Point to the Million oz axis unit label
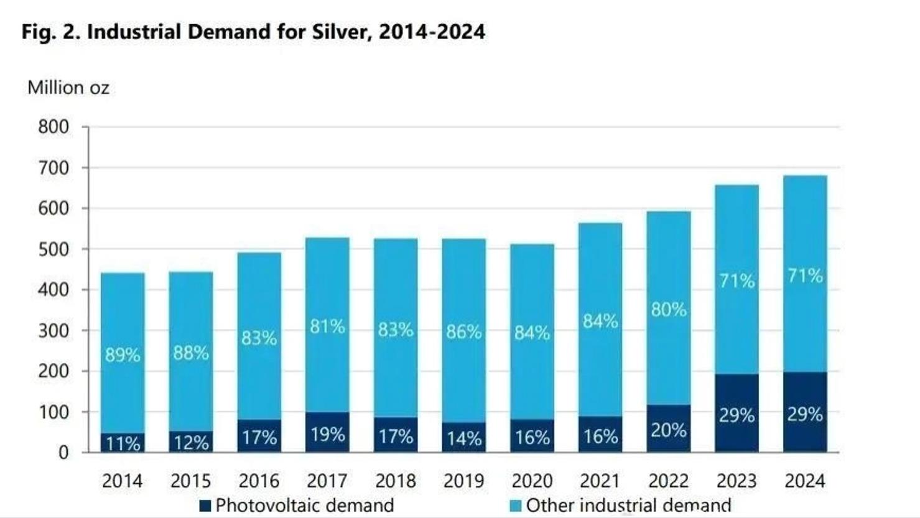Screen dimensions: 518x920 68,88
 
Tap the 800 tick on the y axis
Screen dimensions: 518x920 53,127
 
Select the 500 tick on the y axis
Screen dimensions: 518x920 53,249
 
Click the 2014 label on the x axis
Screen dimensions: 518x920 123,481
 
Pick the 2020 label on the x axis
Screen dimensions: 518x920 532,481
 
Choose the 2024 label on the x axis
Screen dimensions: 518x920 805,481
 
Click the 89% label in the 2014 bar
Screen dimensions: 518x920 123,355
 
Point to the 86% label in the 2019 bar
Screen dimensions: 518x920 464,332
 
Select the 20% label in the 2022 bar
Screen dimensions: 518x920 669,430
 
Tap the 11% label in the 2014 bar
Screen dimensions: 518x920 123,443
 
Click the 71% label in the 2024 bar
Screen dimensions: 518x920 805,275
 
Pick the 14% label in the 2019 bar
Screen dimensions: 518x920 464,438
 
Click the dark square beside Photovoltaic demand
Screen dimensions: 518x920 205,506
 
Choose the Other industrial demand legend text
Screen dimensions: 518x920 628,506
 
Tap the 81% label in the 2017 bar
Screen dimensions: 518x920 327,326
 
